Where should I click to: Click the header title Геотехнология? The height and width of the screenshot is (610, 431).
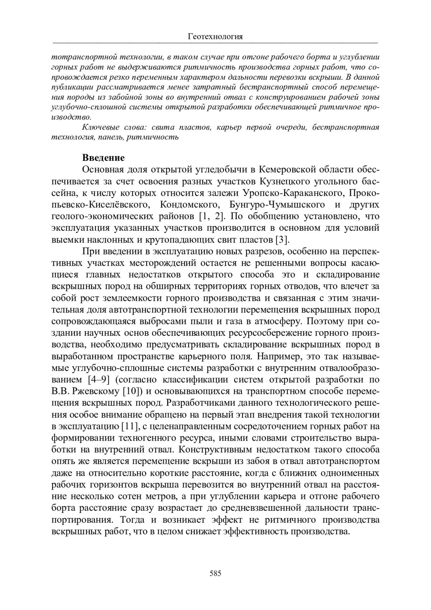[215, 37]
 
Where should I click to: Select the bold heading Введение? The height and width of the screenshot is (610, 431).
[103, 158]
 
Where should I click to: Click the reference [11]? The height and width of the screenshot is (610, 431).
[129, 427]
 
